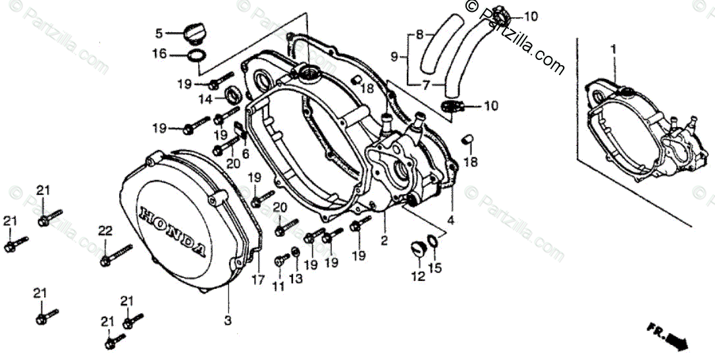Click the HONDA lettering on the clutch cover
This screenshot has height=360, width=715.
point(172,231)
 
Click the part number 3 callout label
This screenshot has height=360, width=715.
point(228,321)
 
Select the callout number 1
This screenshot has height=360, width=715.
point(614,49)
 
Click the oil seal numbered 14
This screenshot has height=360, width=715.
point(233,94)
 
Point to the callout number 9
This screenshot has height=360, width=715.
point(394,57)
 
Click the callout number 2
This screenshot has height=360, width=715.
point(384,242)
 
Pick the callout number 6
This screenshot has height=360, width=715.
point(246,153)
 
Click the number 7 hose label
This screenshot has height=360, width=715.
point(425,84)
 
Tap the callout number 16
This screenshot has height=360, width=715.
point(160,54)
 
